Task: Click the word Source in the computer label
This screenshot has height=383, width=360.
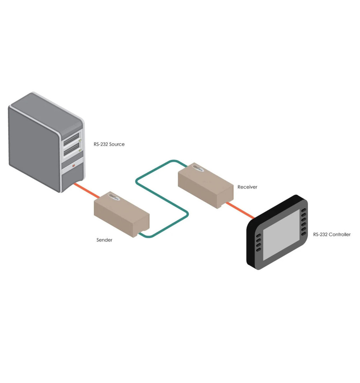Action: click(x=117, y=144)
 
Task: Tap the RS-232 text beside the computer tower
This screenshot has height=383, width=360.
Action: click(x=101, y=144)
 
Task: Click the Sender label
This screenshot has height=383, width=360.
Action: click(x=104, y=240)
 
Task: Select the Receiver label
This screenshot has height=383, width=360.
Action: click(x=247, y=187)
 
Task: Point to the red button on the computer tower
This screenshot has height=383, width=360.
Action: click(x=74, y=165)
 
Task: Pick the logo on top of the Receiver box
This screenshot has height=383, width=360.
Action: click(x=198, y=167)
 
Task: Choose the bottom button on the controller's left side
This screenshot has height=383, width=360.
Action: click(x=258, y=250)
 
